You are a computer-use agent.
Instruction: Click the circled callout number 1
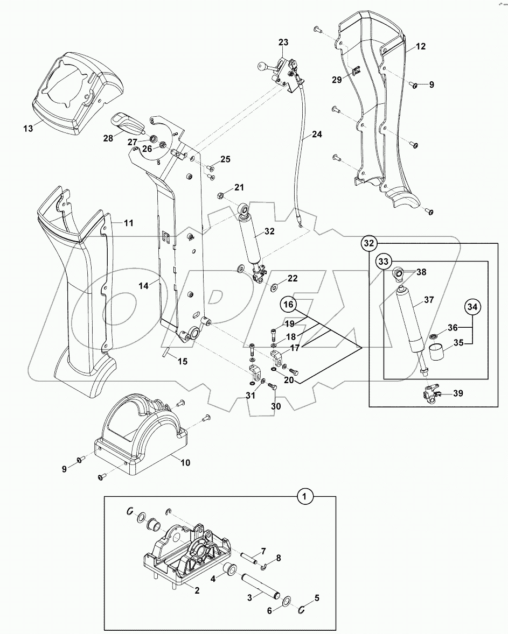305,496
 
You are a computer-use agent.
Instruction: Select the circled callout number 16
289,305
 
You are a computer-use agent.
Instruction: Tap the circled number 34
472,307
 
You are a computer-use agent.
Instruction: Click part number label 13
29,128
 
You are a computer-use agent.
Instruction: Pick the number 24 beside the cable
317,135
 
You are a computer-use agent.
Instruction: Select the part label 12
420,47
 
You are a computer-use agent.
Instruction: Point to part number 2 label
197,590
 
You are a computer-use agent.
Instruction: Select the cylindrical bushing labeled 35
437,356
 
